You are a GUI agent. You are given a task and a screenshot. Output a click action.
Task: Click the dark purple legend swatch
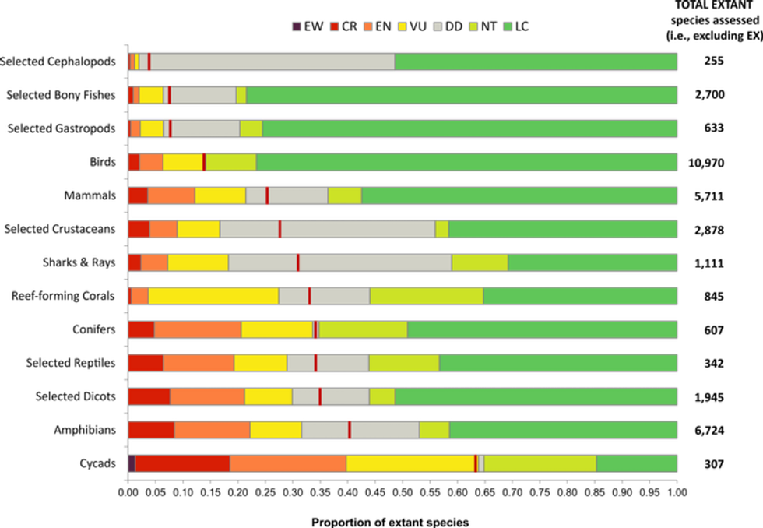tap(296, 26)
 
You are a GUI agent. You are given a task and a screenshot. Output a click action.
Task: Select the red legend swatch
tap(334, 26)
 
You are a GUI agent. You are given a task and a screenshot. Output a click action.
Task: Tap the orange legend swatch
tap(367, 26)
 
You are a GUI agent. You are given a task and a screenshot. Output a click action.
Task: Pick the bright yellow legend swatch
tap(403, 26)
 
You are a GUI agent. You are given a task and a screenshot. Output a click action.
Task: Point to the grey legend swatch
tap(438, 26)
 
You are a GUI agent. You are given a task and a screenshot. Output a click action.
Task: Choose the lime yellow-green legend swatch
tap(473, 26)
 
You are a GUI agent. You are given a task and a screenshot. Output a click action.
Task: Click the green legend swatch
tap(508, 26)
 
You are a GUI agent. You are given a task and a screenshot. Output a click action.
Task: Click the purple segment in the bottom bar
tap(132, 463)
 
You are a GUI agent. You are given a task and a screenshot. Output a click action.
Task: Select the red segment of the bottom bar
tap(182, 463)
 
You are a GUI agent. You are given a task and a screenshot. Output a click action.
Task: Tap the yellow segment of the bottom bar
tap(410, 463)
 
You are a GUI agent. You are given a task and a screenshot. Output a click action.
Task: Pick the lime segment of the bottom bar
tap(540, 463)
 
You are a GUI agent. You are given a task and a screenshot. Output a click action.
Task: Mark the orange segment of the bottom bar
tap(287, 463)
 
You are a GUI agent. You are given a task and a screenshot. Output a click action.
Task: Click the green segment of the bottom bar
tap(636, 463)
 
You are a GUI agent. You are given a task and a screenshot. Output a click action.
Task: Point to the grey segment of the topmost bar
tap(272, 62)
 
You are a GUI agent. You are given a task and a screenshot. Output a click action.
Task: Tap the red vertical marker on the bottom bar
tap(476, 463)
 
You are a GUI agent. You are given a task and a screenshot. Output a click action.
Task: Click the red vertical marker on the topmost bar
tap(149, 62)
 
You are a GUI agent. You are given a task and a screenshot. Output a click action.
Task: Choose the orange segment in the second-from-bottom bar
tap(212, 430)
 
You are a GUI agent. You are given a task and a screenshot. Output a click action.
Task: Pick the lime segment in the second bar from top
tap(241, 95)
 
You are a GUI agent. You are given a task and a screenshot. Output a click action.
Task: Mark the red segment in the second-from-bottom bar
tap(151, 430)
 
